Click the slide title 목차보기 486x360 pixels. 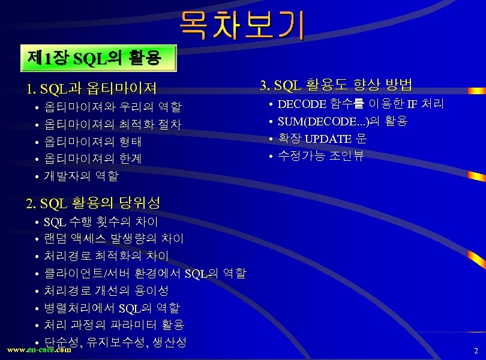(241, 26)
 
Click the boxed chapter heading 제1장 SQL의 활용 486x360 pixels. (94, 58)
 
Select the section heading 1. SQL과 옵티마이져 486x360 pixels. (92, 89)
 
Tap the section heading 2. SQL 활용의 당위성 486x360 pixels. (93, 203)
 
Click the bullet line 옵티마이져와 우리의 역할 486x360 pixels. (112, 107)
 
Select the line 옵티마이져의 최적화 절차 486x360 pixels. (112, 125)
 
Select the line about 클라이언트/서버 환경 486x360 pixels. (145, 274)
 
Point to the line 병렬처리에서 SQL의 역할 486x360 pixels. (112, 308)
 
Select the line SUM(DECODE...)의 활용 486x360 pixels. (342, 122)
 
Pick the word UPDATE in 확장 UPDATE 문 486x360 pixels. (328, 139)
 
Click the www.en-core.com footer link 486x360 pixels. (38, 350)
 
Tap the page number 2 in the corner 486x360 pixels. (476, 350)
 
